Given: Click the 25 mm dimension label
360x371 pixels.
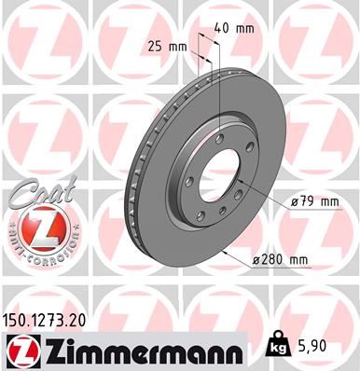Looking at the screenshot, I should (x=165, y=45).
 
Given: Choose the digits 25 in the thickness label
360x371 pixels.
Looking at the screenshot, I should (x=155, y=45).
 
